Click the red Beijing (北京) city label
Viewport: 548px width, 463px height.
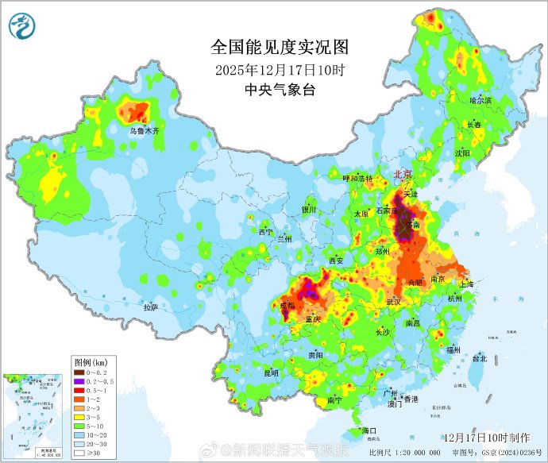403,174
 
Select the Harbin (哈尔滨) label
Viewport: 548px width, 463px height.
480,101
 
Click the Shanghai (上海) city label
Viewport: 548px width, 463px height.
466,284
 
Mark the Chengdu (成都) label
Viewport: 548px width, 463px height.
287,306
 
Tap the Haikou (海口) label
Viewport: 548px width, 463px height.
369,430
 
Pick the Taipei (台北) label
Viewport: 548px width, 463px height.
480,358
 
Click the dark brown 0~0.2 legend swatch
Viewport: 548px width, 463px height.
79,372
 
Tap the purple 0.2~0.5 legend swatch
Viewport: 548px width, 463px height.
79,382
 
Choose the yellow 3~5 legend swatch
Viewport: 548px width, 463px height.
79,418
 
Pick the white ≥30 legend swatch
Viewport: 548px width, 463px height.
79,453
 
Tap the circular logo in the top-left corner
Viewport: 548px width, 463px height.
23,27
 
